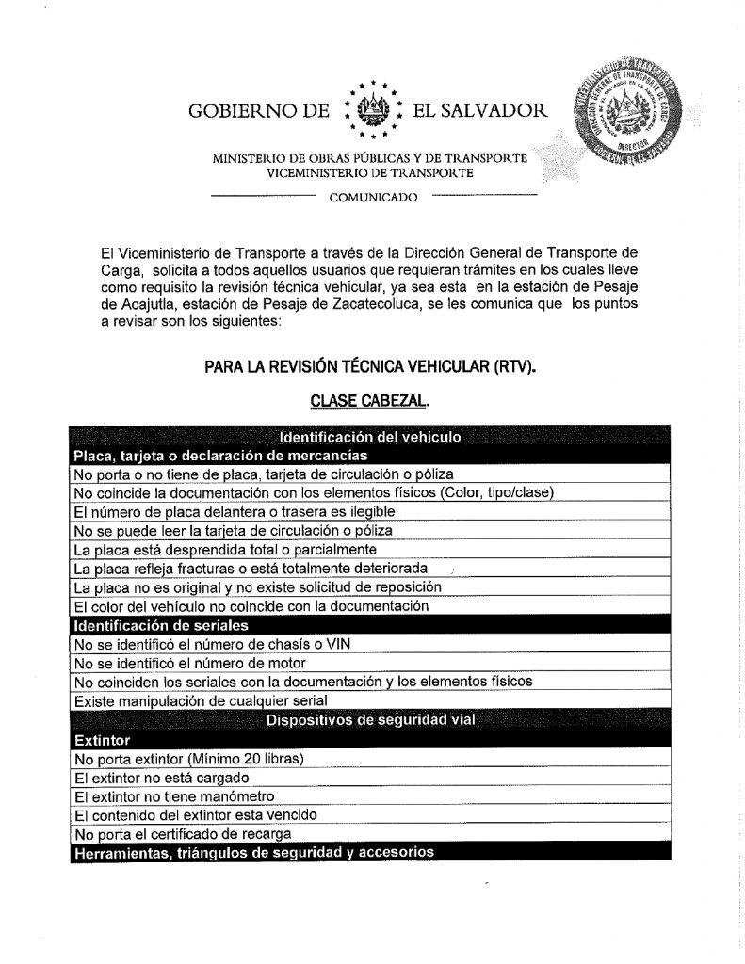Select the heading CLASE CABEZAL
pyautogui.click(x=370, y=401)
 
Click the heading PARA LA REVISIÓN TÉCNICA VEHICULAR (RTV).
pyautogui.click(x=369, y=366)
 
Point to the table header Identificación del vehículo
pyautogui.click(x=369, y=437)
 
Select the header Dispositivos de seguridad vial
pyautogui.click(x=369, y=721)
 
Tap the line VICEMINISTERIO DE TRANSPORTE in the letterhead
pyautogui.click(x=371, y=173)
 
